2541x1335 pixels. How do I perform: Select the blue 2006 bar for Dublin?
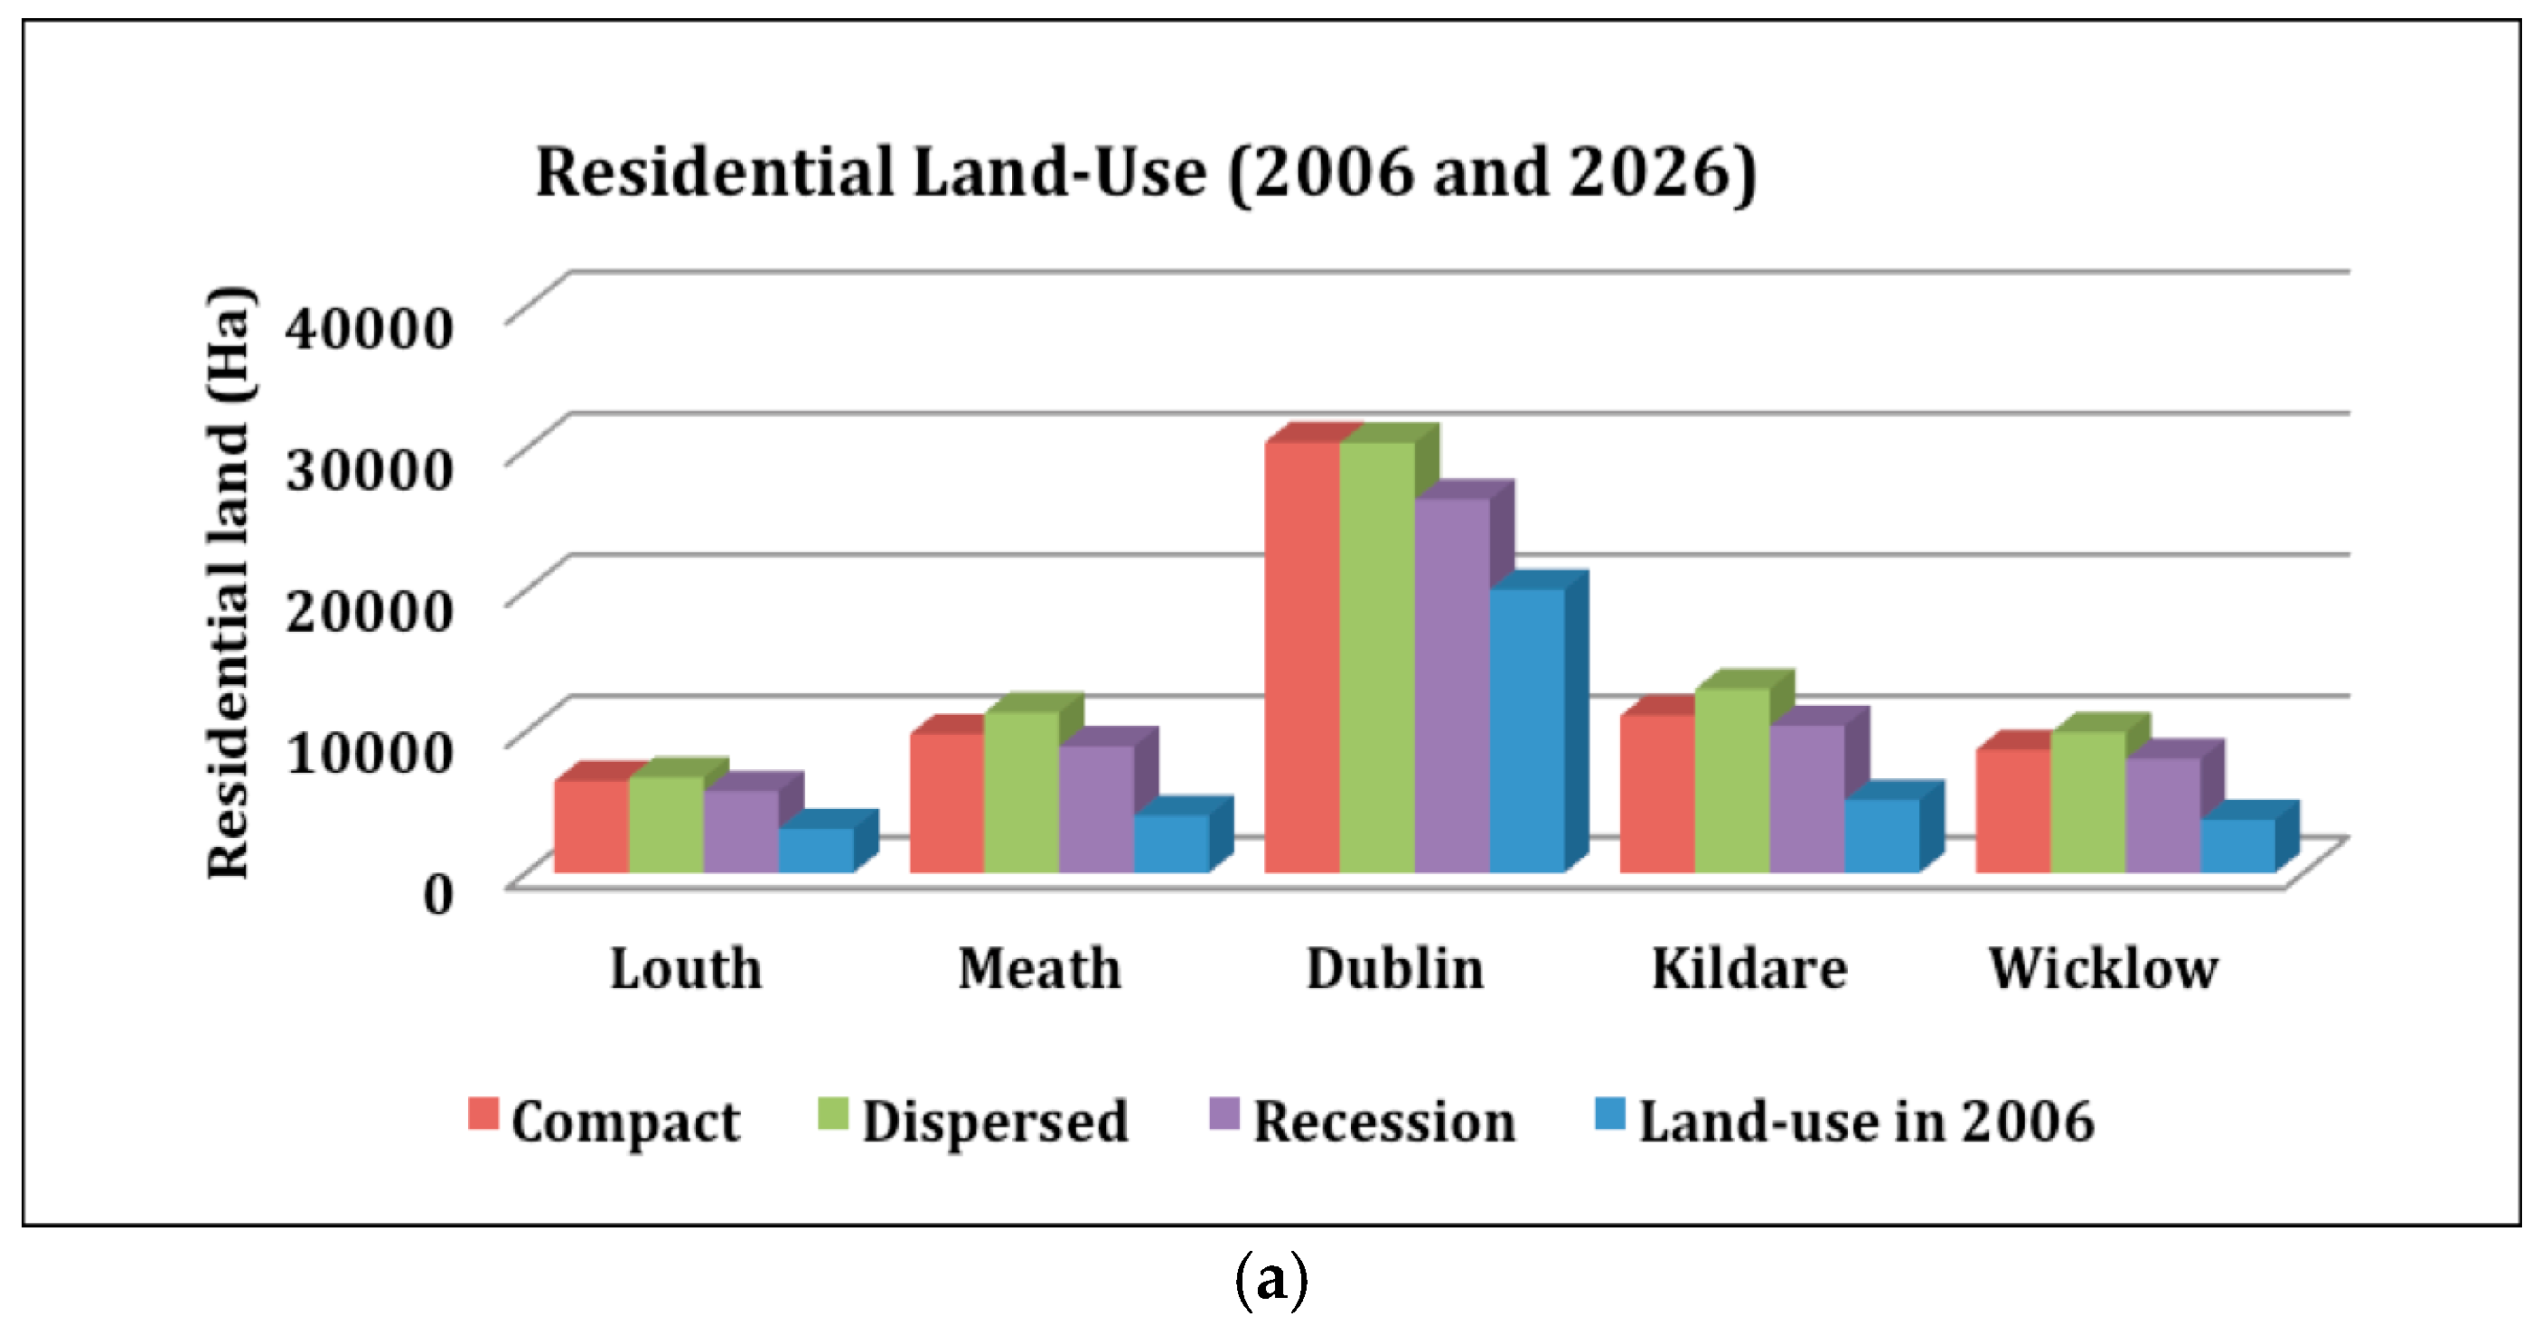tap(1526, 730)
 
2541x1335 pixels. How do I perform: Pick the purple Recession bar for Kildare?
tap(1806, 798)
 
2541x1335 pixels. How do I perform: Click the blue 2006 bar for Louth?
tap(816, 850)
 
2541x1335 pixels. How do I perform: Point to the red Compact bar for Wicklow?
tap(2012, 810)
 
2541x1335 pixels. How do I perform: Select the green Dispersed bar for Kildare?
tap(1732, 779)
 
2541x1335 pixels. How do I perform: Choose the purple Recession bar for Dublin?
tap(1451, 685)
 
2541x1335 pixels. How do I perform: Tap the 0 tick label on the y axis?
tap(438, 894)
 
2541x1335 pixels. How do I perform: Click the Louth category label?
tap(686, 969)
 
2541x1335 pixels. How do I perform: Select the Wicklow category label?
tap(2103, 969)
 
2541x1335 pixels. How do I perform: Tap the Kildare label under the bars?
tap(1749, 969)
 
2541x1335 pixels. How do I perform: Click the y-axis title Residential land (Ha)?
tap(229, 582)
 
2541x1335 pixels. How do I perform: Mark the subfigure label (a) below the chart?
tap(1270, 1280)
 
